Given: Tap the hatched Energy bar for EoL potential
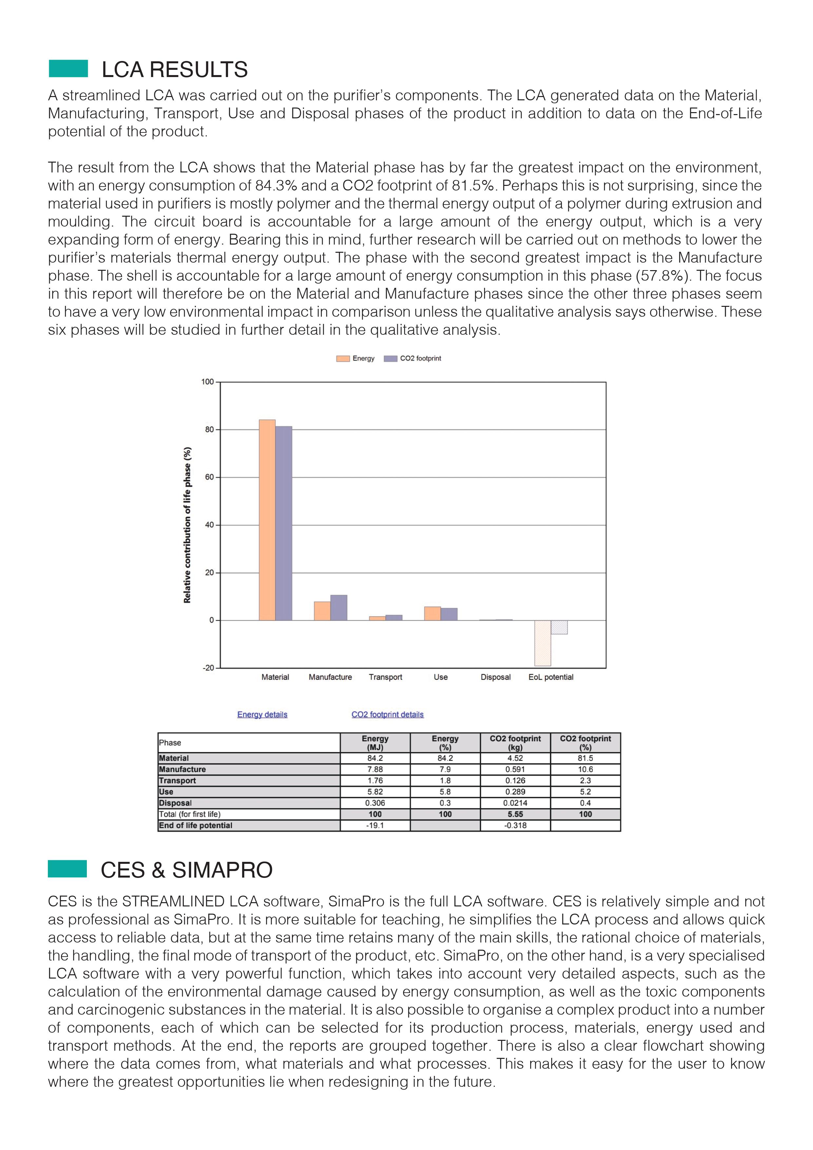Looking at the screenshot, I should [543, 643].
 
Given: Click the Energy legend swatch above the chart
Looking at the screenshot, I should [343, 359].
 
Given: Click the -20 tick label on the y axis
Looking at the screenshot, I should [208, 668].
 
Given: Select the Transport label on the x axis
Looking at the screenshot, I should [385, 677].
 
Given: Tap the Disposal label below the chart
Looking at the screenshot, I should [495, 677].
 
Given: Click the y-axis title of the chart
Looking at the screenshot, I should [187, 525].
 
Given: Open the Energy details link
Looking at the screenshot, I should [262, 714].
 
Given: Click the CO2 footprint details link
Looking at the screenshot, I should [387, 714].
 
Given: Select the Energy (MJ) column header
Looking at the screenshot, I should [375, 743].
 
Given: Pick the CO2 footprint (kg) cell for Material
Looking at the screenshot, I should [515, 758].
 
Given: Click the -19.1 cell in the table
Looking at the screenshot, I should [375, 825].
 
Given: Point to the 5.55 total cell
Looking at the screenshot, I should [515, 814].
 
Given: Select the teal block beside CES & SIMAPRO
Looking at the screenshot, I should [68, 869].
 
